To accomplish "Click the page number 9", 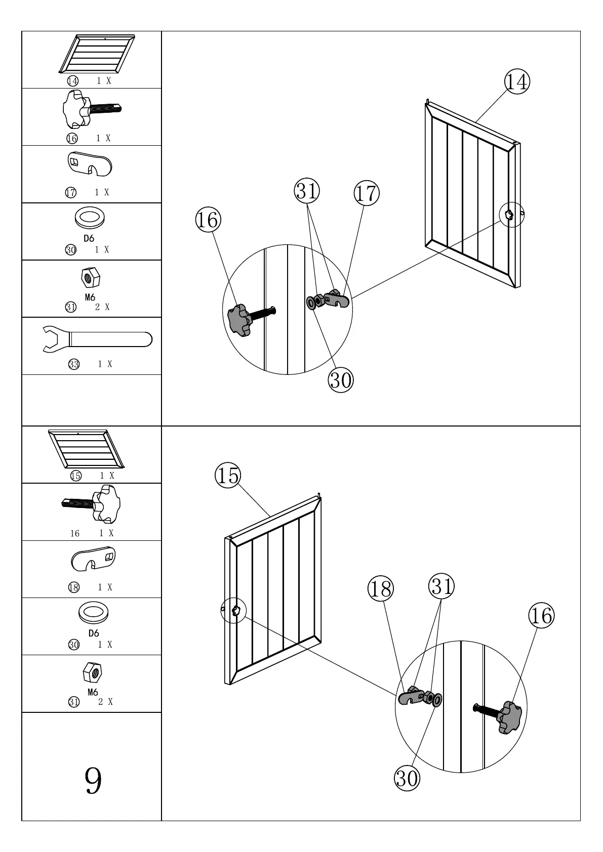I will pyautogui.click(x=93, y=781).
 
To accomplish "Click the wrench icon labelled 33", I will pyautogui.click(x=96, y=339).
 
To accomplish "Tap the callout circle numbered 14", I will pyautogui.click(x=516, y=81).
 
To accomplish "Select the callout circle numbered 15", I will pyautogui.click(x=228, y=476).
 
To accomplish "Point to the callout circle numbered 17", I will pyautogui.click(x=366, y=193).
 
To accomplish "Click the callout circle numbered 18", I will pyautogui.click(x=380, y=589).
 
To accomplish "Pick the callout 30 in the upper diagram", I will pyautogui.click(x=341, y=379).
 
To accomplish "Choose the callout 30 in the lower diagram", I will pyautogui.click(x=407, y=778).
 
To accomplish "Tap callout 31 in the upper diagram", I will pyautogui.click(x=307, y=191).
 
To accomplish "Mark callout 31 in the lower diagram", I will pyautogui.click(x=441, y=586).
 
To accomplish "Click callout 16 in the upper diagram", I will pyautogui.click(x=208, y=220).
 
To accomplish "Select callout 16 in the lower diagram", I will pyautogui.click(x=541, y=615).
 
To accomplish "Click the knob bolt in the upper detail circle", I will pyautogui.click(x=243, y=319).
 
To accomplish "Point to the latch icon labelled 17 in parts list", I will pyautogui.click(x=90, y=164).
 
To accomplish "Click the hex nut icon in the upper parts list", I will pyautogui.click(x=91, y=278).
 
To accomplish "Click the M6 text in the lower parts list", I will pyautogui.click(x=93, y=692).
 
